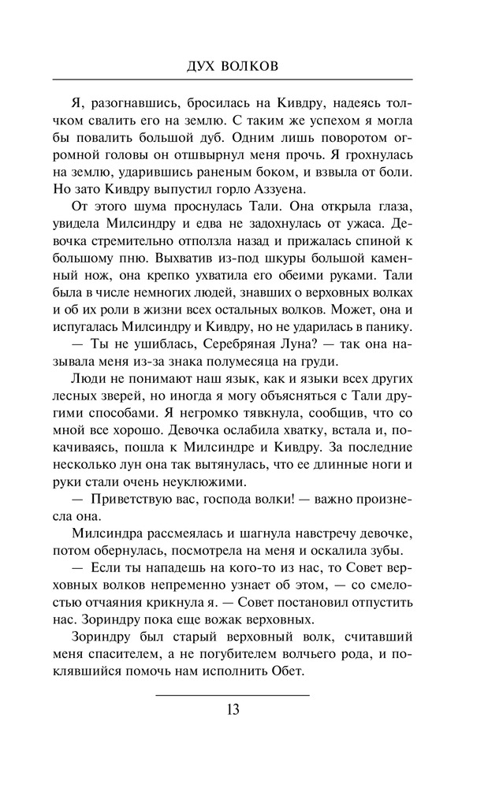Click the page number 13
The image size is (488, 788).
[x=233, y=709]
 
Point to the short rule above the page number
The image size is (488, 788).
[x=233, y=695]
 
